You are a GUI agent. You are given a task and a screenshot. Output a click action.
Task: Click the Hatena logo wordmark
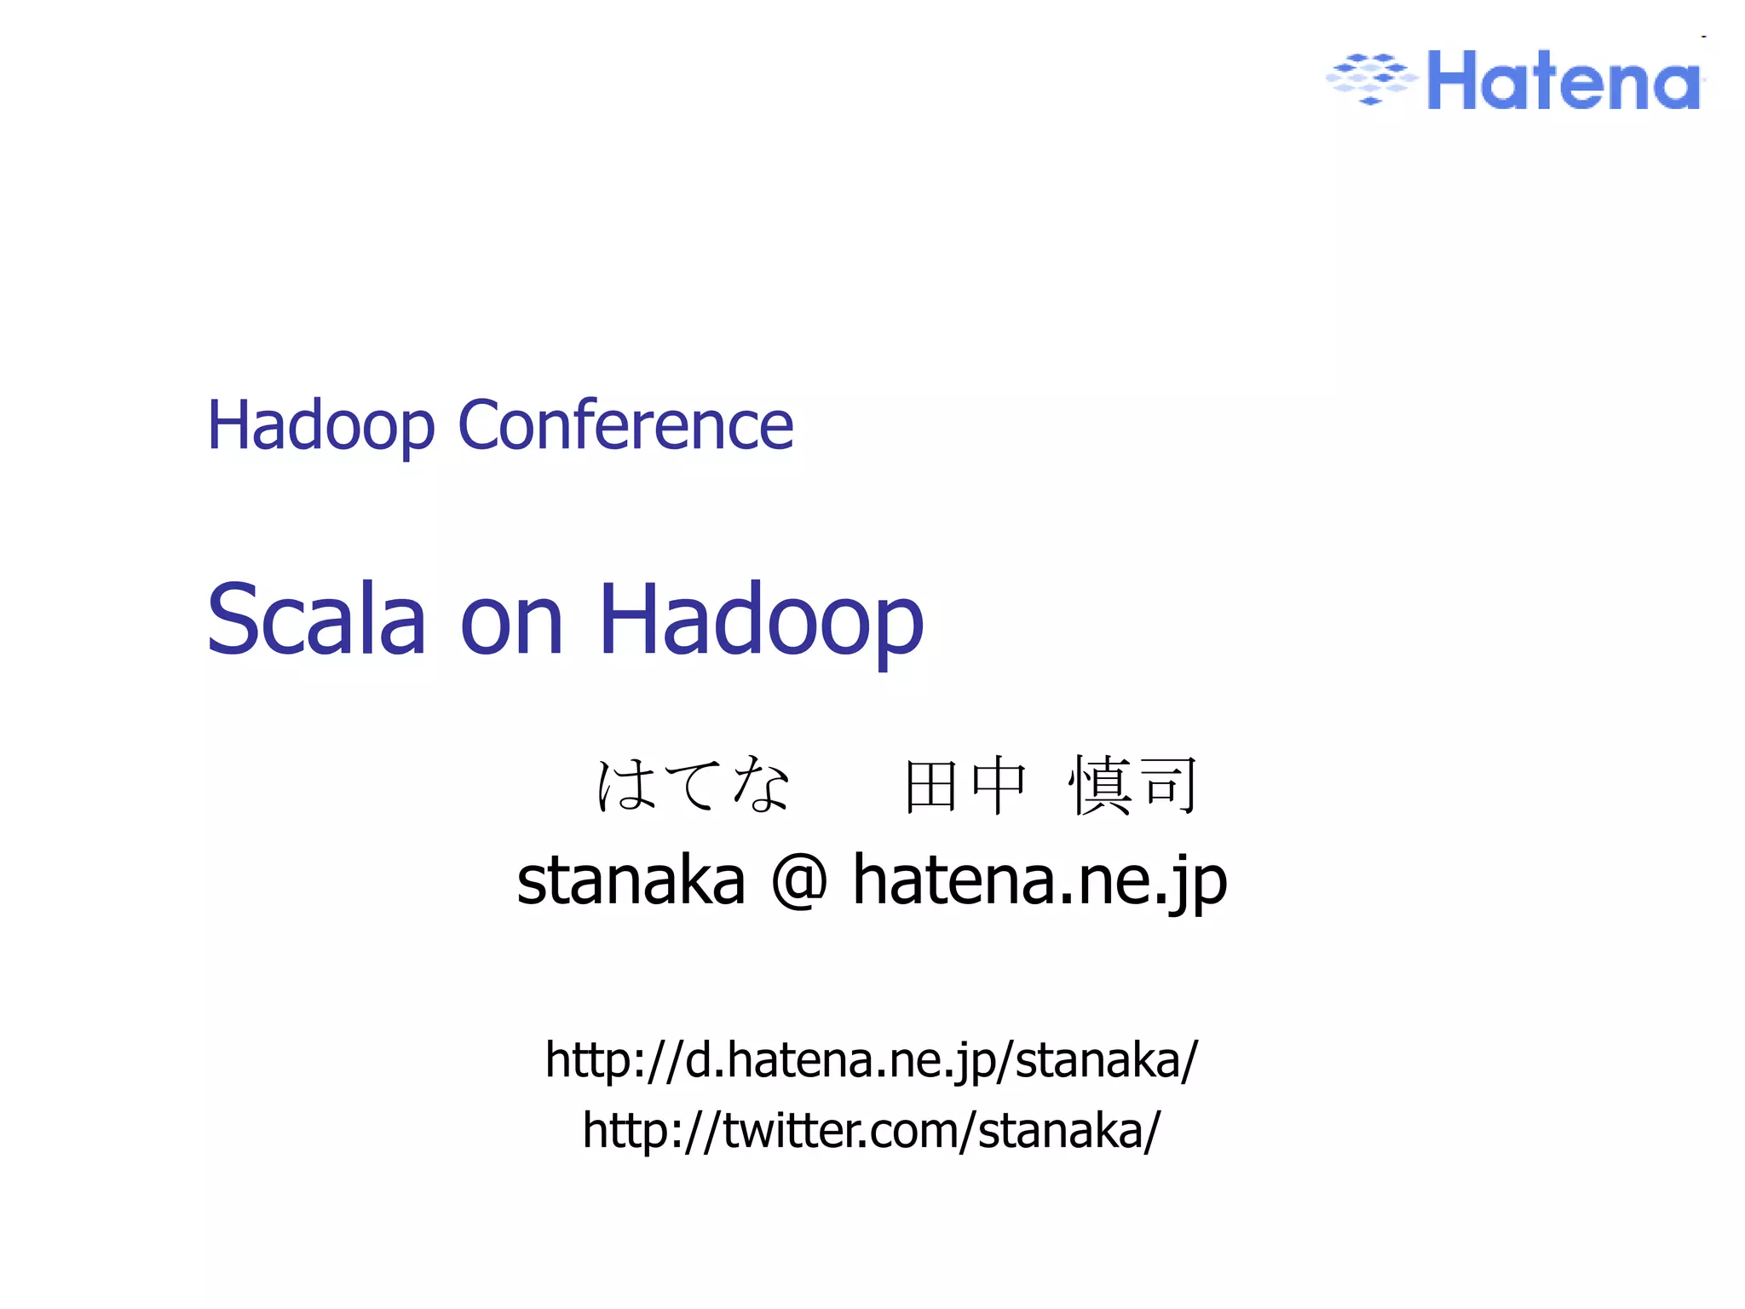[x=1564, y=81]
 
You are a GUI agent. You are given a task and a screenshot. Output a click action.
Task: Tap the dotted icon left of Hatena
[x=1371, y=78]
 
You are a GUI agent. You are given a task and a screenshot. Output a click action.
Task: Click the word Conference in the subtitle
[x=625, y=425]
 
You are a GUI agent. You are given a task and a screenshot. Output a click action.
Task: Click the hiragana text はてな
[x=693, y=784]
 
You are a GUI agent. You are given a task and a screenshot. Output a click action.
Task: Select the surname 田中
[x=965, y=787]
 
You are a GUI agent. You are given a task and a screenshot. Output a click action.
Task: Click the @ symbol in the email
[x=798, y=880]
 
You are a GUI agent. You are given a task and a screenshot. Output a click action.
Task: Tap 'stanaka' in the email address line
[x=631, y=880]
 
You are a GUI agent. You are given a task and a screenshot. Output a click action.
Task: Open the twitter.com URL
[x=872, y=1131]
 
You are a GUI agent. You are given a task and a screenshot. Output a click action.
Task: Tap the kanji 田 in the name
[x=930, y=787]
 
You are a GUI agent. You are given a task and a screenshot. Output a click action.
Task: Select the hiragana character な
[x=760, y=784]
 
